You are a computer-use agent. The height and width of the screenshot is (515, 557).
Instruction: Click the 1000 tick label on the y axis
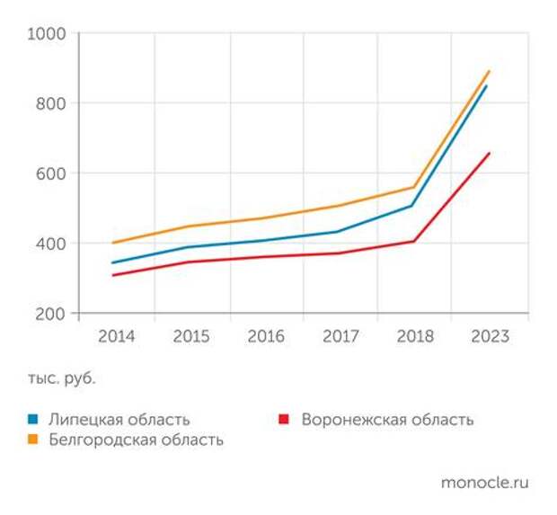[48, 33]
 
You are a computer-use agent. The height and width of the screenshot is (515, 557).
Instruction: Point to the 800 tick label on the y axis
[52, 103]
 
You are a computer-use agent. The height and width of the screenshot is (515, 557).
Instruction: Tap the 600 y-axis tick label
[52, 173]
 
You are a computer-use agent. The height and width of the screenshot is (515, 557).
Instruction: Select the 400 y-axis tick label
[52, 244]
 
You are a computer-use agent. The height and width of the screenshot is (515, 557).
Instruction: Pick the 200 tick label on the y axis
[52, 314]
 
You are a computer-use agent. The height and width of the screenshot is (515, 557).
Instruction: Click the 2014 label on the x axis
[116, 337]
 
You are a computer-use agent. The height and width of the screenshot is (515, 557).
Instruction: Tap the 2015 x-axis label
[190, 337]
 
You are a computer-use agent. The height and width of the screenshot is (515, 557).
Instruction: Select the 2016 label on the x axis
[265, 337]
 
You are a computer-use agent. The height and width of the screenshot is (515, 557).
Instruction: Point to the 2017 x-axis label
[340, 337]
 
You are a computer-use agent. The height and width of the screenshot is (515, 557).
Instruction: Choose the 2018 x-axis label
[414, 337]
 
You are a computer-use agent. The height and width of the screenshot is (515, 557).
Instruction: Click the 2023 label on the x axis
[490, 337]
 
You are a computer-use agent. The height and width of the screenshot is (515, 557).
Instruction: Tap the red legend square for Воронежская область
[284, 420]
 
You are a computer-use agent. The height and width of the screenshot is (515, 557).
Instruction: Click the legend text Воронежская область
[387, 420]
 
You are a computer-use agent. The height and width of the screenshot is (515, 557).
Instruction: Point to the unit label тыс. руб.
[61, 378]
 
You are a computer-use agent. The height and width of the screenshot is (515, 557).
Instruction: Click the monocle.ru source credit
[485, 483]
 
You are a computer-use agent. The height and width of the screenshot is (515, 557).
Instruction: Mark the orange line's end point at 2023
[490, 71]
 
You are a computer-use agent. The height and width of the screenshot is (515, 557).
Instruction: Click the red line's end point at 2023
[490, 153]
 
